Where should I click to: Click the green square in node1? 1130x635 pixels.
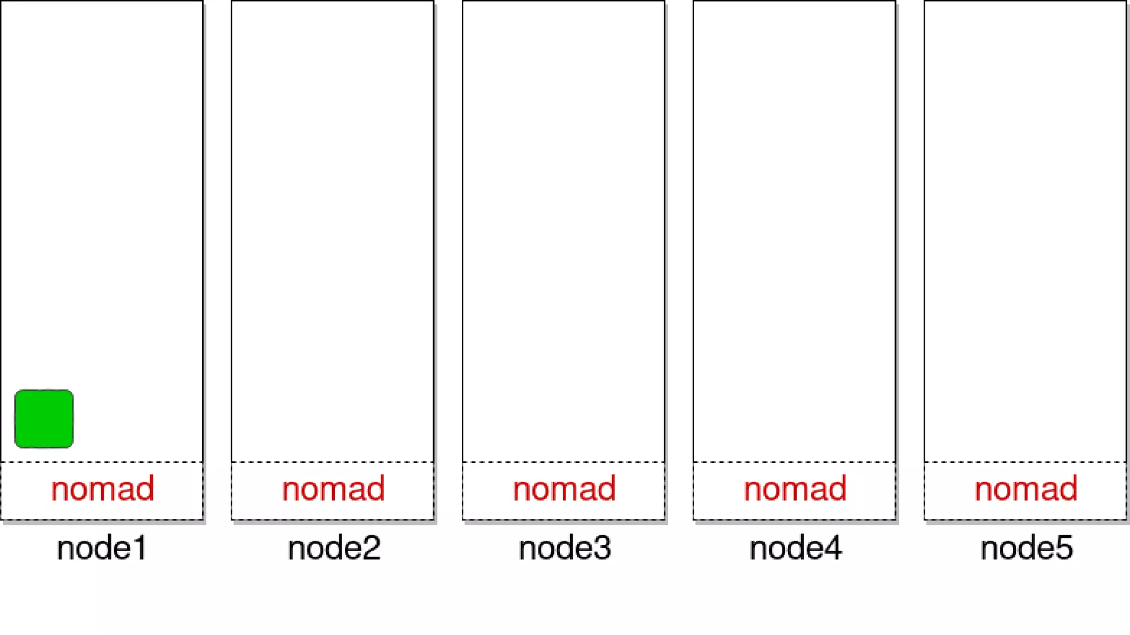point(44,419)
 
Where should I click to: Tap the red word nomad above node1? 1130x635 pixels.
point(103,489)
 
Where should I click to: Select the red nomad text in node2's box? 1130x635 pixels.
point(333,489)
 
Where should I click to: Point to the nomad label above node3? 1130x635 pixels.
point(564,489)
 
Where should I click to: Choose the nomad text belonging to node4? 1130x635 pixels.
point(795,489)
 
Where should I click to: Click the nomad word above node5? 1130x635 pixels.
point(1026,489)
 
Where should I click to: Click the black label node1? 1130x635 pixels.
point(102,548)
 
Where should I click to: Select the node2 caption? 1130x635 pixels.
point(334,548)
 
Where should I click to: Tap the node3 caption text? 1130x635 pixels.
point(564,548)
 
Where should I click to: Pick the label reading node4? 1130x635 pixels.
point(795,548)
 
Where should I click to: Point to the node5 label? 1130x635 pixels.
point(1026,548)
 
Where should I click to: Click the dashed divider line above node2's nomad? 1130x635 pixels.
point(333,462)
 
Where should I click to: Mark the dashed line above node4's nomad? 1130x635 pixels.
point(795,462)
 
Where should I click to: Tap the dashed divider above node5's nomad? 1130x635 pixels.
point(1025,462)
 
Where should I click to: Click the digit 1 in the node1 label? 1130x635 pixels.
point(140,548)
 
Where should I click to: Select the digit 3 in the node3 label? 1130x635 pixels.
point(603,548)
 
